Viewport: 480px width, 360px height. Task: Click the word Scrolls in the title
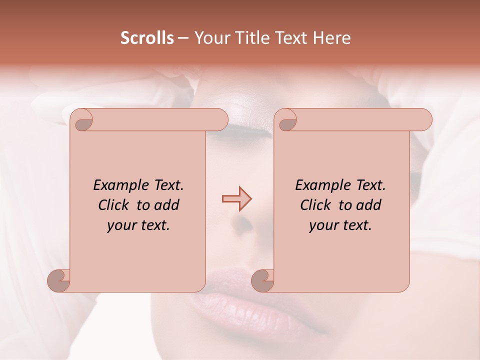coord(147,38)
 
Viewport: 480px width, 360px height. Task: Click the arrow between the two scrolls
coord(236,199)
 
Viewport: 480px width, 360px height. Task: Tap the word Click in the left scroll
coord(115,205)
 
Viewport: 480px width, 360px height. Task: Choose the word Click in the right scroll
coord(317,205)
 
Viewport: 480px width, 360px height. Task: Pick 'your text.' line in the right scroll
coord(340,225)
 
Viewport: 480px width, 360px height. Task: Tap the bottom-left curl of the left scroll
coord(59,280)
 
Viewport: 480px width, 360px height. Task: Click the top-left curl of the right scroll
coord(287,121)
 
